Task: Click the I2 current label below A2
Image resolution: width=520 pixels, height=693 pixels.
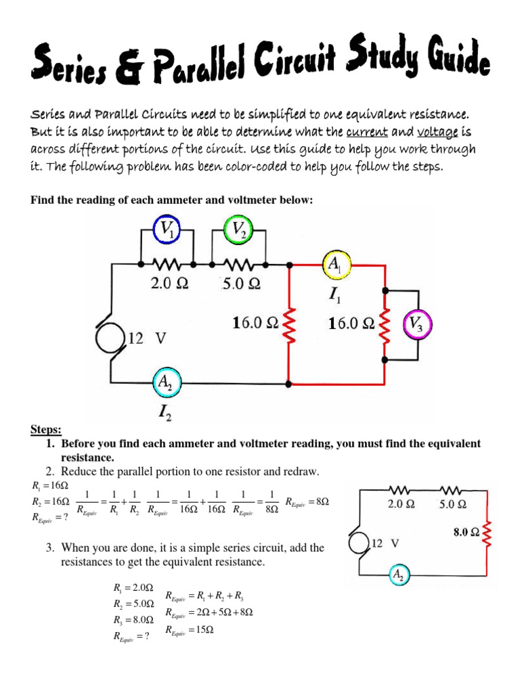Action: (x=165, y=411)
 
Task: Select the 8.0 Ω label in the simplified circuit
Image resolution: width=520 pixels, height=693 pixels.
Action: (x=467, y=533)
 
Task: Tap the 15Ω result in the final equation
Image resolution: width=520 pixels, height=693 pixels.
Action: (x=202, y=630)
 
